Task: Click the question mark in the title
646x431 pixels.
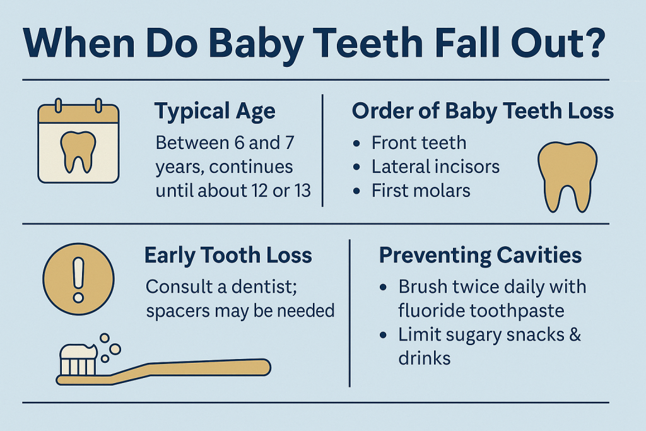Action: (x=591, y=42)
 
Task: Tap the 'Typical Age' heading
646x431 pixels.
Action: (x=215, y=112)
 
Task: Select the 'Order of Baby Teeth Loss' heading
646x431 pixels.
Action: (x=483, y=111)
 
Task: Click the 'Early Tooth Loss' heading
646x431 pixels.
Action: (x=228, y=256)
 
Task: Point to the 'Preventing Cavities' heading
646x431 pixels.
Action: (x=480, y=256)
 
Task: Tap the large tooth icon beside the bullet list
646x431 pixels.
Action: (x=567, y=177)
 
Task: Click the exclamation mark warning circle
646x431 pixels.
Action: (x=78, y=279)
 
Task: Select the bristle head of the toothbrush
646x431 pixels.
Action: (x=79, y=360)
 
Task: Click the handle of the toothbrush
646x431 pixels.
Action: (x=189, y=370)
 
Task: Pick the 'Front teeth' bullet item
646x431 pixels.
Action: (x=419, y=143)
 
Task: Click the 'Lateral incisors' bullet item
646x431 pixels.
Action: (x=435, y=167)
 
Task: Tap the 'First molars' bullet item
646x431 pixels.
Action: (x=421, y=191)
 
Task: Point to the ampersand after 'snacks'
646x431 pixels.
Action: (x=575, y=334)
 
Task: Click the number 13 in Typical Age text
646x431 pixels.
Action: (x=302, y=191)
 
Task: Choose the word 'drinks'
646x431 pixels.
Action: (x=425, y=358)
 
